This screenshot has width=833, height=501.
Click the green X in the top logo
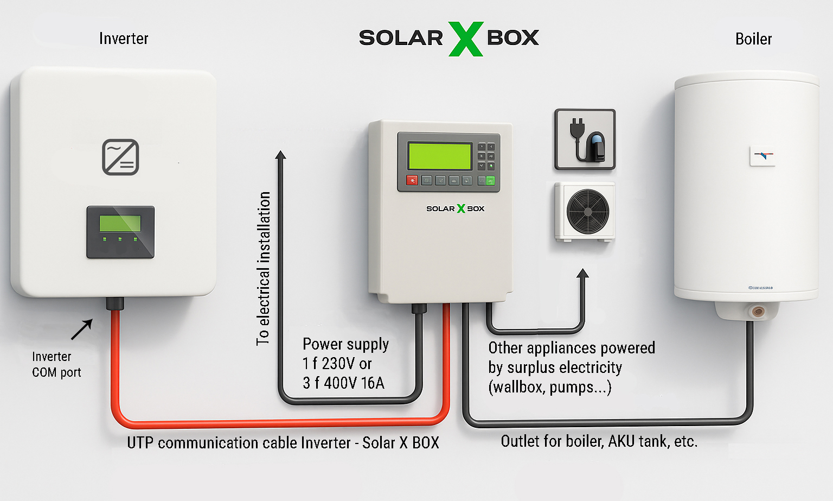(466, 39)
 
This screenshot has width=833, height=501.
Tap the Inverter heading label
(124, 39)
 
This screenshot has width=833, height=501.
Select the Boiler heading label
(753, 39)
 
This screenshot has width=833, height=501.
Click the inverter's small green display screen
(120, 223)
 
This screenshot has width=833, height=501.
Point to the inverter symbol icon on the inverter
(120, 157)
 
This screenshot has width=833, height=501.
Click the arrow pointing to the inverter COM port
(82, 329)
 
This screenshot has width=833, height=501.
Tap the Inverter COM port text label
(56, 364)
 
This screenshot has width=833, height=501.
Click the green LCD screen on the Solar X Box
(440, 156)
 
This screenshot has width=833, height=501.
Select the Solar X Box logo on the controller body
(455, 208)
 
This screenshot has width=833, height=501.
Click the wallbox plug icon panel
(585, 139)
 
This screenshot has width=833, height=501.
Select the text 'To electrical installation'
(263, 269)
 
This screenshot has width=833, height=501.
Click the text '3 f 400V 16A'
(343, 383)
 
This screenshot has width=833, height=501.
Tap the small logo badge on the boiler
(762, 156)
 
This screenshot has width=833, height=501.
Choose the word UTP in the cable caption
(140, 443)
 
